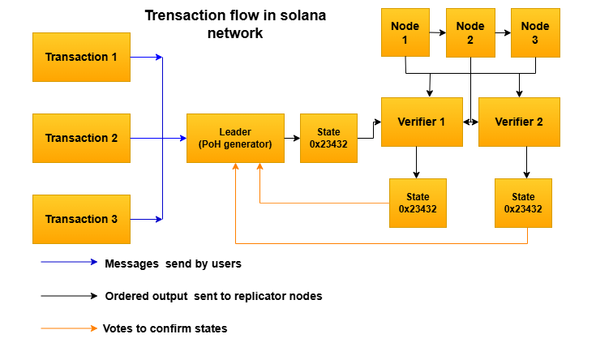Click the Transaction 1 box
click(x=81, y=57)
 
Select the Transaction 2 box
click(x=81, y=138)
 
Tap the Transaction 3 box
click(x=81, y=219)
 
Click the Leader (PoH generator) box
click(x=235, y=138)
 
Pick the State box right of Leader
click(x=328, y=138)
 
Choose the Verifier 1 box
click(x=422, y=122)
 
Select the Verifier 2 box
click(x=519, y=122)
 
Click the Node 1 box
click(x=405, y=32)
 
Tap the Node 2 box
click(x=470, y=32)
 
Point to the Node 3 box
click(x=535, y=32)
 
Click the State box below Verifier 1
click(x=418, y=203)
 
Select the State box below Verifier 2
click(x=523, y=203)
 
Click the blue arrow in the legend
click(x=69, y=263)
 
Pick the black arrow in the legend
click(x=69, y=296)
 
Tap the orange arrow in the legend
click(x=69, y=328)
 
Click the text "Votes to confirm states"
click(x=165, y=328)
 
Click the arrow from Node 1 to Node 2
click(x=438, y=32)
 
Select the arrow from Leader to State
click(x=292, y=138)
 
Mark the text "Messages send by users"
click(x=173, y=264)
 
